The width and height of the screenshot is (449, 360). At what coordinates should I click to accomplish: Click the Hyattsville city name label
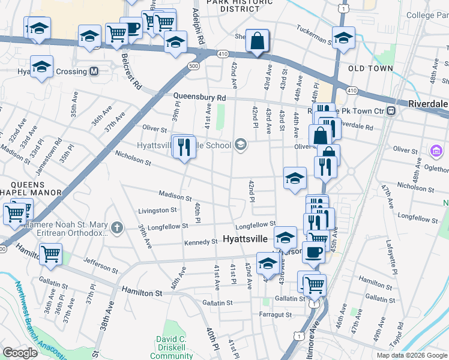pos(249,239)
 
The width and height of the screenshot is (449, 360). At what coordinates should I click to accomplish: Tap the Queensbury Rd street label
pos(199,97)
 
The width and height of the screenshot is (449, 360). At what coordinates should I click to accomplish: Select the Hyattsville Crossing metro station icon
pos(94,71)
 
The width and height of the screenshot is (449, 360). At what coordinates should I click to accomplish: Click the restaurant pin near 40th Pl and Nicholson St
pos(184,146)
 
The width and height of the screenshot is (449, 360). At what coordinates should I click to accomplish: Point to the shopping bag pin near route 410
pos(257,41)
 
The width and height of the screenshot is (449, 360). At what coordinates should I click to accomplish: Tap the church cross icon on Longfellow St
pos(116,227)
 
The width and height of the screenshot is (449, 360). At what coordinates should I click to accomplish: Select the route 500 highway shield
pos(193,65)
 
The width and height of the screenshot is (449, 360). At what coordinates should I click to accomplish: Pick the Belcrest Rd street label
pos(130,71)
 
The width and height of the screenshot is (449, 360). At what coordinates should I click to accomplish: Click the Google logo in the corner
pos(20,353)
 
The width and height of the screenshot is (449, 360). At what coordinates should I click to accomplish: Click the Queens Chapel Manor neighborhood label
pos(31,188)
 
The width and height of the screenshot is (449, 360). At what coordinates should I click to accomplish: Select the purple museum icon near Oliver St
pos(436,149)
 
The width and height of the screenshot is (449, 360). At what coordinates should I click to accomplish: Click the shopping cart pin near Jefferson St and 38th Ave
pos(50,254)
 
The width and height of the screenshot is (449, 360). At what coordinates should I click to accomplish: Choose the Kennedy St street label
pos(200,242)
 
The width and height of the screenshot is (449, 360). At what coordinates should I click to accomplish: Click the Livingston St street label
pos(157,211)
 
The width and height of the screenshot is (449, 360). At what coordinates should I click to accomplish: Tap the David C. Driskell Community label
pos(171,347)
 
